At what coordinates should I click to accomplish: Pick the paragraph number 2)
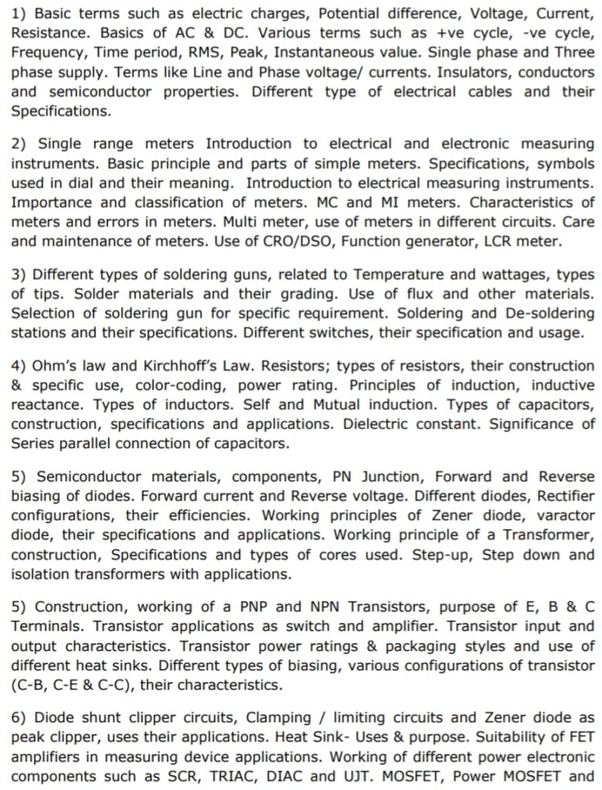click(x=19, y=143)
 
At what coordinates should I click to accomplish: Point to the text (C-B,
click(x=32, y=684)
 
